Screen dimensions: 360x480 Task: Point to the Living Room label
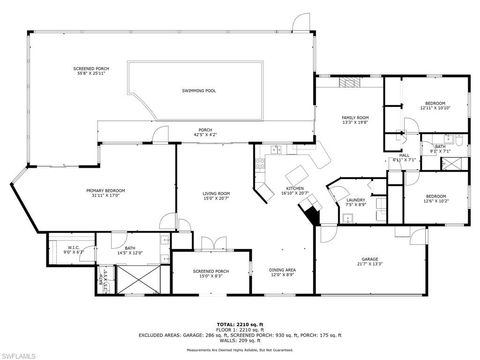click(217, 195)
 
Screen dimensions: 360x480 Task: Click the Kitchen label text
click(295, 189)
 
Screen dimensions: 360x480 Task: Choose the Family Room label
click(355, 119)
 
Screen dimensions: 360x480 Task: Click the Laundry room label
click(355, 203)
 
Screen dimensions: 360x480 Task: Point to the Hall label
click(405, 158)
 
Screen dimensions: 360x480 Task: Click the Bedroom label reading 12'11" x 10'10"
click(435, 105)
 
